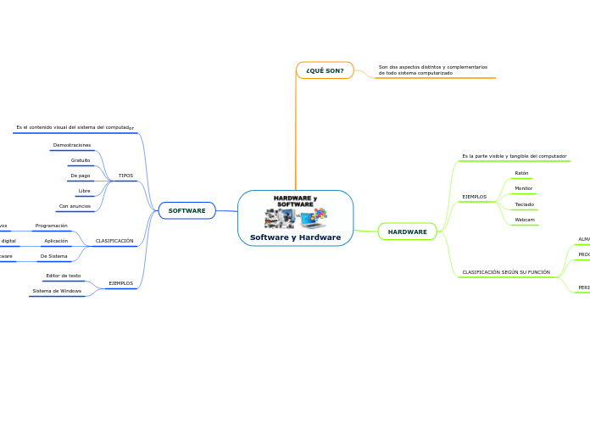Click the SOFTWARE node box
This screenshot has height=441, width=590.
coord(186,210)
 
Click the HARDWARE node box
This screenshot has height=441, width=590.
coord(407,232)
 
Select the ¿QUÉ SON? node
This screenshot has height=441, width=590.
coord(325,70)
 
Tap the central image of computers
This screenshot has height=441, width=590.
coord(295,217)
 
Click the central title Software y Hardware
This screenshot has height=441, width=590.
coord(295,237)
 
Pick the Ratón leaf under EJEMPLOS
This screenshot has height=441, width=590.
coord(521,173)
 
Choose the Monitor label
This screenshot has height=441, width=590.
coord(523,188)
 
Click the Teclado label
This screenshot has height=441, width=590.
coord(524,204)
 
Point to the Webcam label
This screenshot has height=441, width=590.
coord(524,220)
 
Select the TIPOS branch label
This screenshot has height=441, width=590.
coord(125,176)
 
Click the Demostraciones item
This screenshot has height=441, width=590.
coord(72,145)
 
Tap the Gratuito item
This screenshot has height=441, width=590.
coord(81,160)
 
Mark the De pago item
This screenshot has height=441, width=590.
coord(81,176)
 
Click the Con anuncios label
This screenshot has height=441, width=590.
coord(75,206)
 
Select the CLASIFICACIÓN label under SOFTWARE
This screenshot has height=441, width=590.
coord(114,241)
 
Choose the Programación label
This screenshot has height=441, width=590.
coord(51,226)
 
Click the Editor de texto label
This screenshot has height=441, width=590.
coord(64,276)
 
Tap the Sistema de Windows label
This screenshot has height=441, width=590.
coord(57,291)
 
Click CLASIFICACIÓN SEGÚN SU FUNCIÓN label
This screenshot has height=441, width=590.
coord(505,272)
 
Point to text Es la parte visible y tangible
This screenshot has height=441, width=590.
coord(514,156)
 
